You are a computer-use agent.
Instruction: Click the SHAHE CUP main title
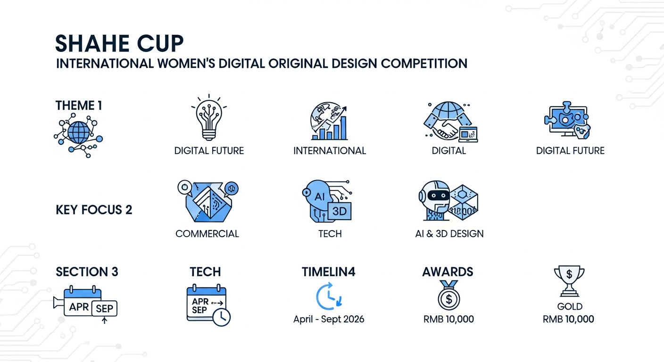coord(119,43)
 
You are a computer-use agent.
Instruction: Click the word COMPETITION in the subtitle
coord(424,64)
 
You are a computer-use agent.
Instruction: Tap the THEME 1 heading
coord(79,106)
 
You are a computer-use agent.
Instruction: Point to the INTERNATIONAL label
coord(330,151)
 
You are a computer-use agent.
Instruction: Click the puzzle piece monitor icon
coord(567,120)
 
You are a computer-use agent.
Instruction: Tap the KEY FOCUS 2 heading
coord(94,210)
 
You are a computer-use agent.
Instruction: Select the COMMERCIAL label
coord(207,234)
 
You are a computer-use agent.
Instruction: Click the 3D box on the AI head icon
coord(340,211)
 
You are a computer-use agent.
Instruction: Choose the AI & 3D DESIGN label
coord(449,234)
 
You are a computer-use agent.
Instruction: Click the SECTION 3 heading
coord(87,271)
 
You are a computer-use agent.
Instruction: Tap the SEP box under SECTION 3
coord(104,308)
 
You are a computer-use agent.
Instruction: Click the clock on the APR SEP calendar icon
coord(222,317)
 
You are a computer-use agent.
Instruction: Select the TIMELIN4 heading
coord(328,271)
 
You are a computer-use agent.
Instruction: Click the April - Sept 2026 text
coord(329,319)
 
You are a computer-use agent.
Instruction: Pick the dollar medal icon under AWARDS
coord(449,296)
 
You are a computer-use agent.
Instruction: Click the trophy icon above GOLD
coord(569,281)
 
